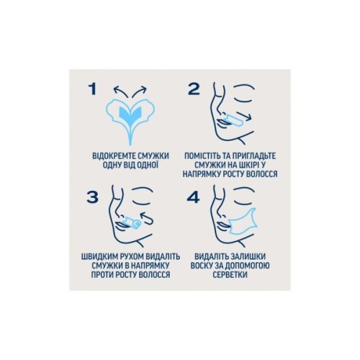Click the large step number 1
click(93, 89)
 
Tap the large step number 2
click(194, 89)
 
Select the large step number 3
click(92, 197)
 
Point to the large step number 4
click(193, 197)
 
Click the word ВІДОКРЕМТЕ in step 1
click(114, 156)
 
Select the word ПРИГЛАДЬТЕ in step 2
click(254, 156)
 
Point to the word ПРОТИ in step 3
click(102, 274)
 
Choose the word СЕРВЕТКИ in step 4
click(230, 274)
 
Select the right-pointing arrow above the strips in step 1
click(139, 91)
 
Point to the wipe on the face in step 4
click(243, 222)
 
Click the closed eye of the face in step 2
click(243, 100)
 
